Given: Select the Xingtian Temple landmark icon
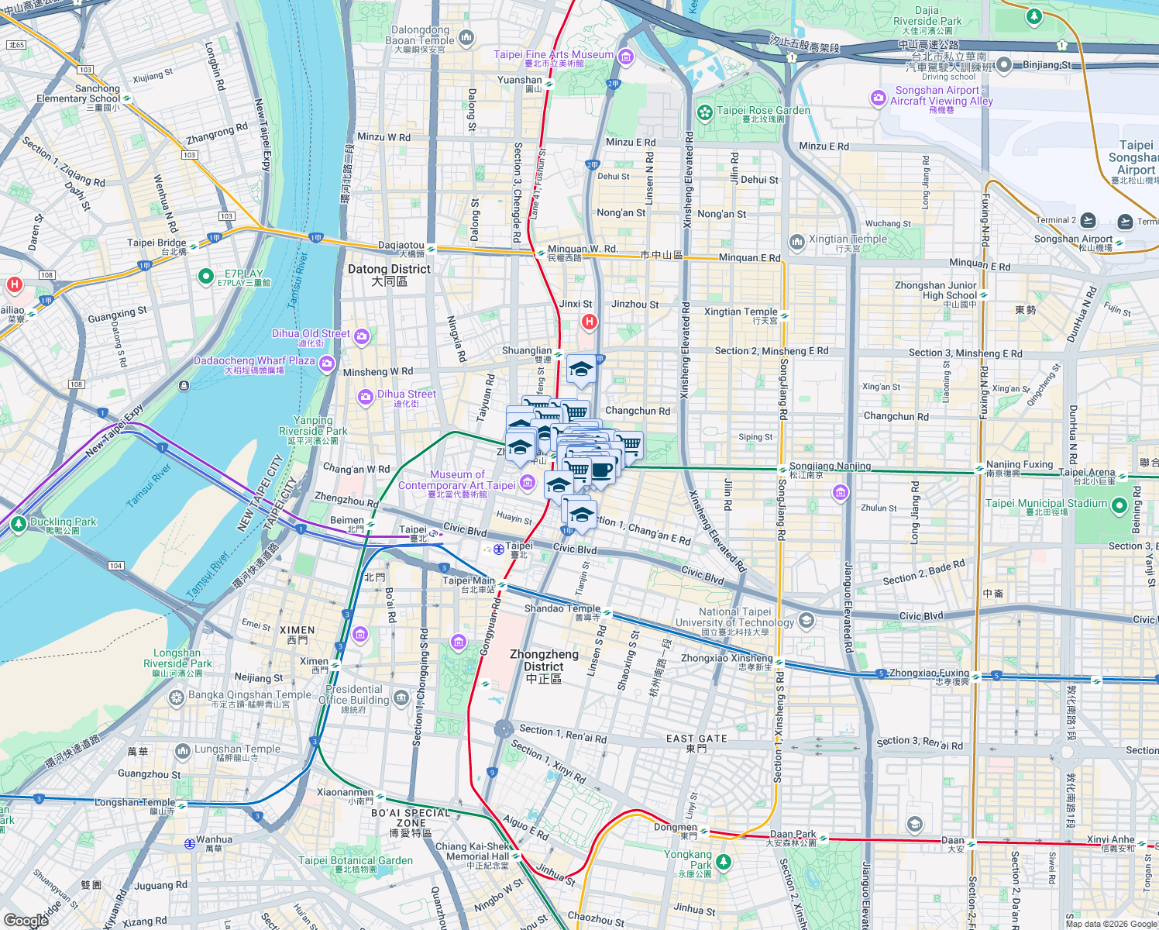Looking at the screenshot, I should click(797, 243).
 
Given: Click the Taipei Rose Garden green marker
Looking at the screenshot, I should click(704, 113).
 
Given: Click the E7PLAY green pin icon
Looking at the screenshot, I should click(206, 276).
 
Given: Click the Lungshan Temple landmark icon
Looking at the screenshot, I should click(182, 750).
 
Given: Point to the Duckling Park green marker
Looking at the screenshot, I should click(19, 525).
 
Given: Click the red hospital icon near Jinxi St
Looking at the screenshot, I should click(590, 322).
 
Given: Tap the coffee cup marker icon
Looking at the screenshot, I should click(602, 470).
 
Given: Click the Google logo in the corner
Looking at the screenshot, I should click(26, 920).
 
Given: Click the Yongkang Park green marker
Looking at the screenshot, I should click(723, 861).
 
